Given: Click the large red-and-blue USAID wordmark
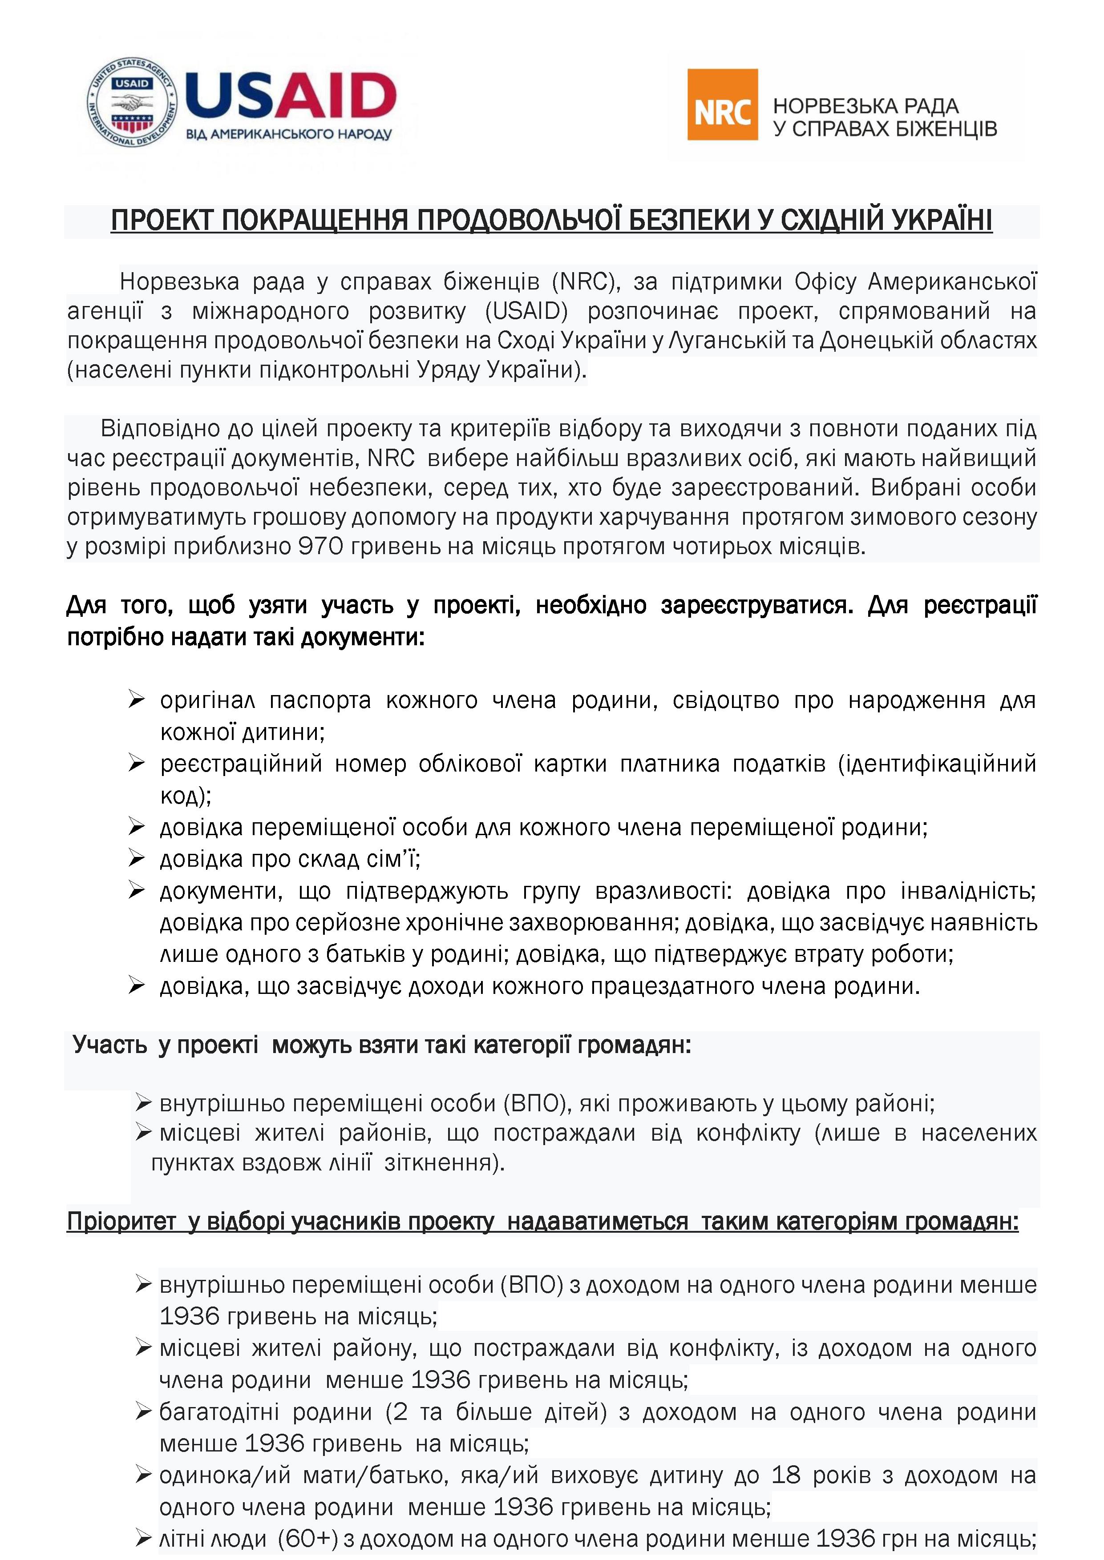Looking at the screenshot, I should [x=291, y=95].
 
